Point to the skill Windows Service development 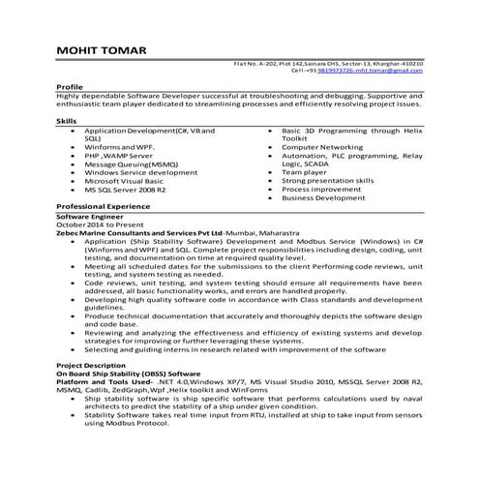(x=140, y=171)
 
